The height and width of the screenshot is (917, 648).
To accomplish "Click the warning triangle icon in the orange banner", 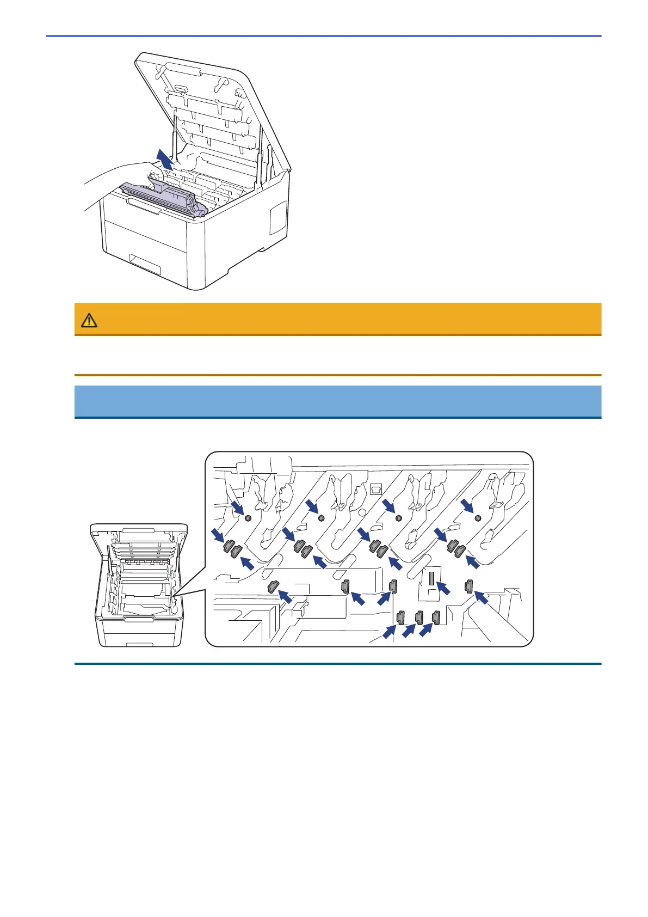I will click(x=89, y=320).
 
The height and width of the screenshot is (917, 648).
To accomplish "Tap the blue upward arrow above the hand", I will click(x=165, y=160).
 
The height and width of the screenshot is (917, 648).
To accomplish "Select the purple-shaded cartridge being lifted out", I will click(x=163, y=197).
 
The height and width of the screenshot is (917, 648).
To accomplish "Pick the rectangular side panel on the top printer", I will click(x=278, y=218).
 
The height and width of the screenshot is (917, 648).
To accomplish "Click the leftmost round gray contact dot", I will click(x=248, y=518).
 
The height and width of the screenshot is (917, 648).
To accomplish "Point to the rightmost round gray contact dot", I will click(x=478, y=517).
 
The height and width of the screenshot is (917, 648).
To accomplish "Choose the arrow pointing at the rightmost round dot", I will click(x=466, y=507).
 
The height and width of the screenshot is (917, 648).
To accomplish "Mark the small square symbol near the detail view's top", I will click(x=374, y=488).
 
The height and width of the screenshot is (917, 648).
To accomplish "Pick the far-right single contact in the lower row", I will click(x=468, y=586).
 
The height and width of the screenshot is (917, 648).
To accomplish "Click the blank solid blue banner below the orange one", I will click(x=337, y=401).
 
